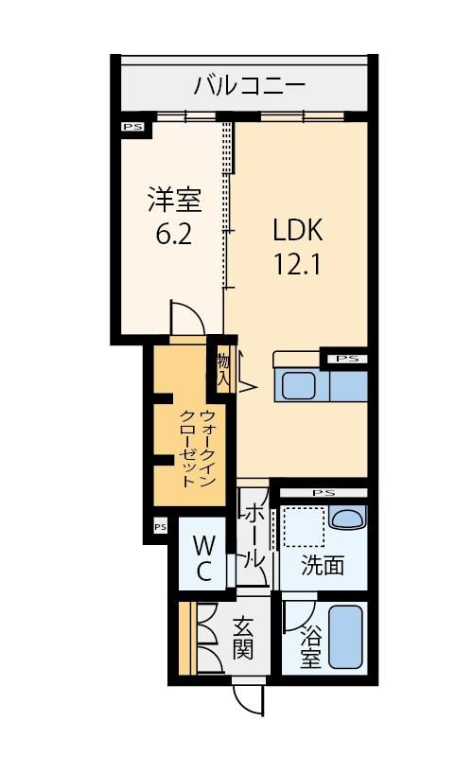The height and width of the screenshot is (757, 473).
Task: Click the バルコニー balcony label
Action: click(250, 86)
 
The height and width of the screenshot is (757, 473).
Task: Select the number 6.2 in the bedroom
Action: click(174, 234)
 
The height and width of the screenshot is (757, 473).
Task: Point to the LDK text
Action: click(297, 230)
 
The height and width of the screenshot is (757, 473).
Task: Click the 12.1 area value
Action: click(297, 264)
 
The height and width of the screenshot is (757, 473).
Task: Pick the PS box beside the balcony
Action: click(133, 127)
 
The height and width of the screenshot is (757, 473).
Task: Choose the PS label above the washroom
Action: click(324, 493)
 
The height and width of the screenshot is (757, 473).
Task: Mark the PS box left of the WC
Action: click(160, 527)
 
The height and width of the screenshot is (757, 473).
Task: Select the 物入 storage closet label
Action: click(223, 369)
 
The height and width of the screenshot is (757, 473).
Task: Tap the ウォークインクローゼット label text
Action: click(197, 449)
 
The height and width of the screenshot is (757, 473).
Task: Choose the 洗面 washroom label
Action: click(323, 565)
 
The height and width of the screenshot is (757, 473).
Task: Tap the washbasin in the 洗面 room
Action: click(347, 519)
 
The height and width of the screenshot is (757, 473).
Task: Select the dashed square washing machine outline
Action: click(303, 527)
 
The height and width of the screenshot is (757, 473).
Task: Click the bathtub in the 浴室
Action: click(345, 636)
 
